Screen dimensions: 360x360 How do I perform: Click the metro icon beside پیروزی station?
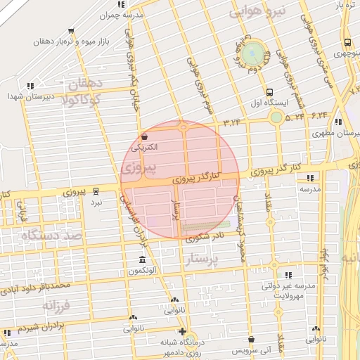96,191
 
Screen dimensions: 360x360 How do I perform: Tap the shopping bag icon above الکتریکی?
144,136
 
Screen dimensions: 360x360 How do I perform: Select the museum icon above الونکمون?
143,260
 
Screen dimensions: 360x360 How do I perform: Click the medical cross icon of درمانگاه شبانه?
183,331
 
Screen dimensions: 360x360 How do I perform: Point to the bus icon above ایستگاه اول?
269,92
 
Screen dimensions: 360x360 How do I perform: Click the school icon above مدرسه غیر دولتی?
288,276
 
